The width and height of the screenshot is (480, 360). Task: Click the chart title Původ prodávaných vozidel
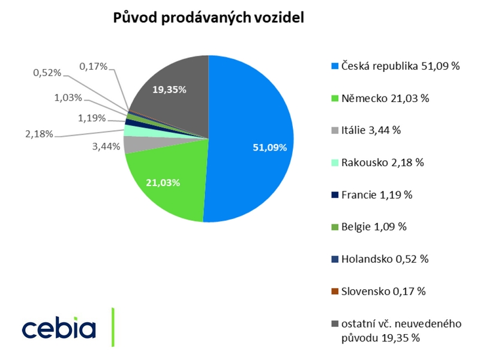pos(209,18)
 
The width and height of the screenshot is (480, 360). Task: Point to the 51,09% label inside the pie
pos(269,147)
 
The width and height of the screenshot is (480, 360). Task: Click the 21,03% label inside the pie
pos(163,182)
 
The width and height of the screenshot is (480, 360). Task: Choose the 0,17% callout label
pos(93,66)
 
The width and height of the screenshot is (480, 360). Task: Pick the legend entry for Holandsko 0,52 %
pos(384,259)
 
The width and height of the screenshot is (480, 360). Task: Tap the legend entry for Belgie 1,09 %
pos(373,227)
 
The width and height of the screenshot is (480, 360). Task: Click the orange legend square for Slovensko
pos(335,292)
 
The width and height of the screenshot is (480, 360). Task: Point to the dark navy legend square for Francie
pos(335,195)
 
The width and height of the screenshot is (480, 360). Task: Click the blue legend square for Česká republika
pos(335,66)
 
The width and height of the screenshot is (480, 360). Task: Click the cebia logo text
pos(59,328)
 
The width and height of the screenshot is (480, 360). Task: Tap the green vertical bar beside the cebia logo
pos(113,327)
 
